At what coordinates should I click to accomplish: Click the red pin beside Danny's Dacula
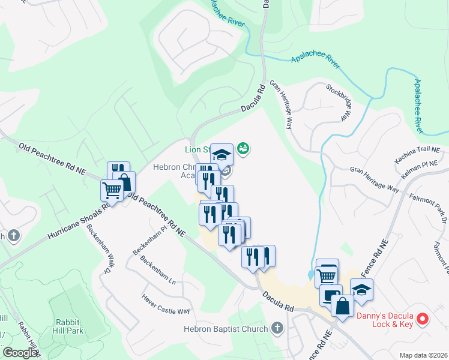423,319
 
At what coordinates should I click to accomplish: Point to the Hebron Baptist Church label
226,329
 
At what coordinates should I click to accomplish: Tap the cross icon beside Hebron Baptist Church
277,328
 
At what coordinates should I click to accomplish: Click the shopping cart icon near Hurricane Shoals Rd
112,191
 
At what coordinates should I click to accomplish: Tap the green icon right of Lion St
243,148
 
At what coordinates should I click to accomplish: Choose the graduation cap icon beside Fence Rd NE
361,290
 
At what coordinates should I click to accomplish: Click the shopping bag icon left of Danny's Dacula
342,307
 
